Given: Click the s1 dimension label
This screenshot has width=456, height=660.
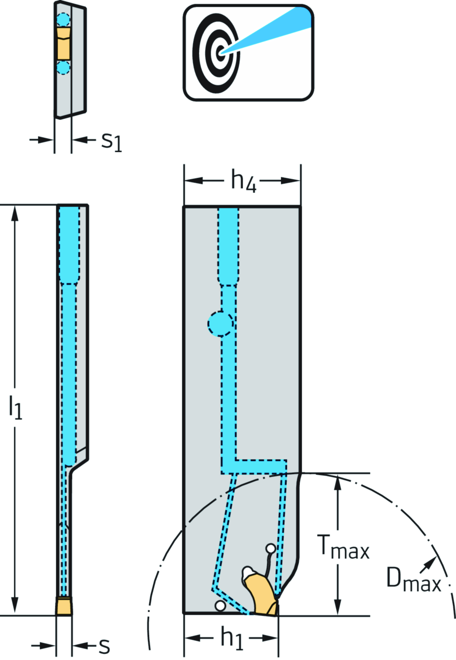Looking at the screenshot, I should click(111, 142).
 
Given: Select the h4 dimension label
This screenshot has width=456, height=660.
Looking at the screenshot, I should click(243, 181).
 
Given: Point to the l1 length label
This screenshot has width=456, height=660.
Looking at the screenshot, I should click(16, 407).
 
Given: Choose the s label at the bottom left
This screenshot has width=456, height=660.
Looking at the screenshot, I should click(104, 646).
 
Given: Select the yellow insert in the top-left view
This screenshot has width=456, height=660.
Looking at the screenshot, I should click(64, 43).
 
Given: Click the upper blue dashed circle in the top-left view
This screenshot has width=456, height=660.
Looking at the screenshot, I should click(63, 20).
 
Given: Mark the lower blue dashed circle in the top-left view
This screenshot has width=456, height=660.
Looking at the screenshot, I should click(63, 68).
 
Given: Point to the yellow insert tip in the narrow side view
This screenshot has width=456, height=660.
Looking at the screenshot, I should click(64, 607).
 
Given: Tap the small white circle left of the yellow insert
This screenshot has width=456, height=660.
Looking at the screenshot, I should click(220, 605).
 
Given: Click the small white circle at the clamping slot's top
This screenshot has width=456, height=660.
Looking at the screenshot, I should click(270, 548).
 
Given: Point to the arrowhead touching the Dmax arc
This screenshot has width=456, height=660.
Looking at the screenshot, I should click(432, 562).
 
